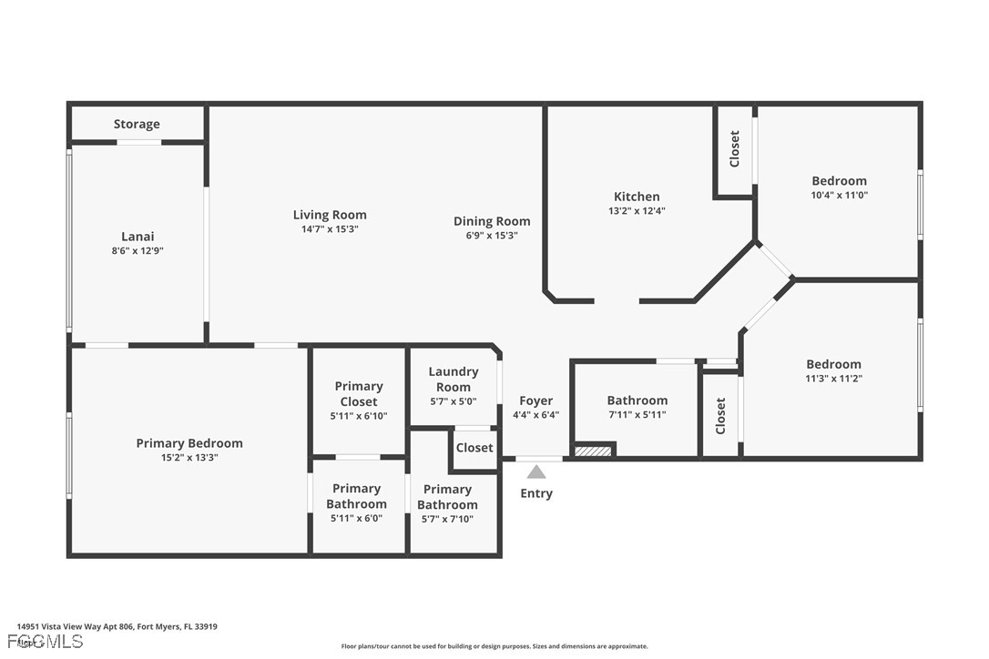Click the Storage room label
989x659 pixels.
point(137,124)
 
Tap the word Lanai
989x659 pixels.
point(138,237)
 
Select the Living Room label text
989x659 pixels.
point(330,215)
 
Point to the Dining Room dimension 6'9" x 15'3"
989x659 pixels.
point(492,235)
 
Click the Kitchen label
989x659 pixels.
point(637,197)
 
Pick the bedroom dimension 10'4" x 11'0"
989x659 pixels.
point(839,195)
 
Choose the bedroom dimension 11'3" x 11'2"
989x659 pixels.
point(833,379)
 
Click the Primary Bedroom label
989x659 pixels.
point(189,443)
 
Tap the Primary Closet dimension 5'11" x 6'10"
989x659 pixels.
point(359,416)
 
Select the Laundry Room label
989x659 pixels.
point(454,379)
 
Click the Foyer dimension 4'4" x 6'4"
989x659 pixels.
point(535,415)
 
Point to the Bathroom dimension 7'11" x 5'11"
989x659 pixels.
point(637,415)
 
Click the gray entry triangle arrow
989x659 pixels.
point(536,471)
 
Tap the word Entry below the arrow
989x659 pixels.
point(536,493)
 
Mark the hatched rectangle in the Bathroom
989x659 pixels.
point(593,450)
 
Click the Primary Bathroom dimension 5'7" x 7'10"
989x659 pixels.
point(447,519)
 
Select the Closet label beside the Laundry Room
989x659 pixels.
point(474,448)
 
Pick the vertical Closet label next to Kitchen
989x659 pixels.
point(735,149)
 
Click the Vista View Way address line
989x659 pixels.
point(117,626)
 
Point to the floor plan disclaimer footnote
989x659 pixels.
point(494,646)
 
